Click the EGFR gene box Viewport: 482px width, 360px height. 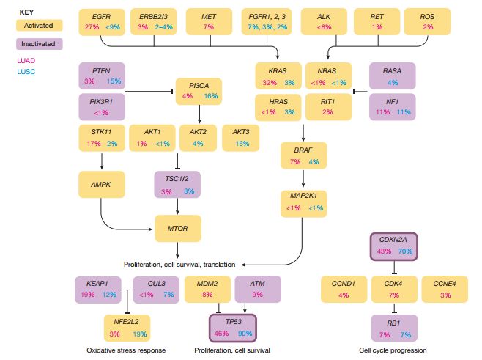pyautogui.click(x=102, y=22)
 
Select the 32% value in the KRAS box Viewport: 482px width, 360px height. pyautogui.click(x=270, y=82)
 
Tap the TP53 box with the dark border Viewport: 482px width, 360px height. pyautogui.click(x=233, y=328)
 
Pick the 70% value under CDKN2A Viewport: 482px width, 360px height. pyautogui.click(x=405, y=251)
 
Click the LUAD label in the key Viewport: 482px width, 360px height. pyautogui.click(x=26, y=61)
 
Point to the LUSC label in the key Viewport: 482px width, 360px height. pyautogui.click(x=26, y=72)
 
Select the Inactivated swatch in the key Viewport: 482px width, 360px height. pyautogui.click(x=39, y=44)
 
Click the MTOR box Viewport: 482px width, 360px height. pyautogui.click(x=178, y=229)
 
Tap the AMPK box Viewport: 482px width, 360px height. pyautogui.click(x=101, y=185)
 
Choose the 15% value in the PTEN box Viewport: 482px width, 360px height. pyautogui.click(x=114, y=81)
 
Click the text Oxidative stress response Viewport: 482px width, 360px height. pyautogui.click(x=126, y=350)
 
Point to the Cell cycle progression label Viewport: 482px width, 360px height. pyautogui.click(x=393, y=350)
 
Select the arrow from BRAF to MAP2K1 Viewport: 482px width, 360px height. pyautogui.click(x=303, y=178)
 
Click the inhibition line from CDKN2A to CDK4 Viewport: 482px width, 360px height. pyautogui.click(x=394, y=268)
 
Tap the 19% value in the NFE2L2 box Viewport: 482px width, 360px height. pyautogui.click(x=140, y=334)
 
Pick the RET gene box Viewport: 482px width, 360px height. pyautogui.click(x=377, y=21)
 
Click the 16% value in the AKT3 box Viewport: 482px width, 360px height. pyautogui.click(x=242, y=144)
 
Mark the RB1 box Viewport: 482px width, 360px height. pyautogui.click(x=394, y=328)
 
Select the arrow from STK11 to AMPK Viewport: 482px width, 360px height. pyautogui.click(x=102, y=161)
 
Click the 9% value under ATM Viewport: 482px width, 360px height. pyautogui.click(x=258, y=295)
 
